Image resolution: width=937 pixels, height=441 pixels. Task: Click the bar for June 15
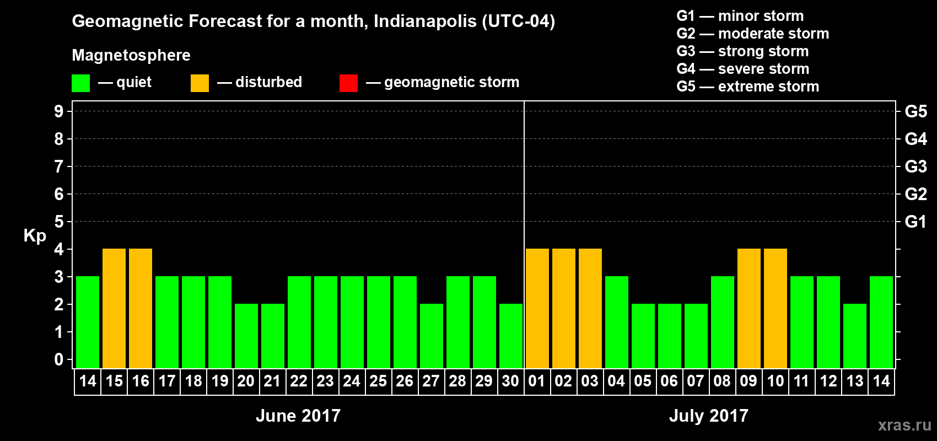pos(114,308)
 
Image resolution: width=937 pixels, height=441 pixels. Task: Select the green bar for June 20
pos(246,336)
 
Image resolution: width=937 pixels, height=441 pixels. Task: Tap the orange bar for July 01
pos(537,308)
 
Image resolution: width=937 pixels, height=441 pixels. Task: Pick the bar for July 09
pos(749,308)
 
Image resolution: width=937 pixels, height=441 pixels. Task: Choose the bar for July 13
pos(855,336)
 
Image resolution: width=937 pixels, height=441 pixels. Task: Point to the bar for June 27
pos(432,336)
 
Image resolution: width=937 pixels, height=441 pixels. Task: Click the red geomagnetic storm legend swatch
pos(348,83)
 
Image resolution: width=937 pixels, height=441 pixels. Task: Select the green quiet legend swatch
pos(80,83)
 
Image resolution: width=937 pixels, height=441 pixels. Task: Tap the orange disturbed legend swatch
pos(200,83)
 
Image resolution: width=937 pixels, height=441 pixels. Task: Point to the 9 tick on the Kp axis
pos(59,111)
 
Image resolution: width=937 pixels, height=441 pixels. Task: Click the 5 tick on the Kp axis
pos(59,222)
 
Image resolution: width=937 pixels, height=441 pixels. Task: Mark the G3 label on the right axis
pos(916,166)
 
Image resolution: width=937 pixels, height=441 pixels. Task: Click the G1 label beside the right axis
pos(916,222)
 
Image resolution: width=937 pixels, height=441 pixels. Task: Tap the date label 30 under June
pos(510,381)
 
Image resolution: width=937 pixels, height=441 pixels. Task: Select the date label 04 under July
pos(616,381)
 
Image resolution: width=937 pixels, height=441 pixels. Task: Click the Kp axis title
pos(35,236)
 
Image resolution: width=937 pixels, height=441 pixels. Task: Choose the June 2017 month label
pos(298,416)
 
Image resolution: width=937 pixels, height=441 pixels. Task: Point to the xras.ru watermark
pos(904,425)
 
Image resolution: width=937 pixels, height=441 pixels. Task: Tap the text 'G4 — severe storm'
pos(742,69)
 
